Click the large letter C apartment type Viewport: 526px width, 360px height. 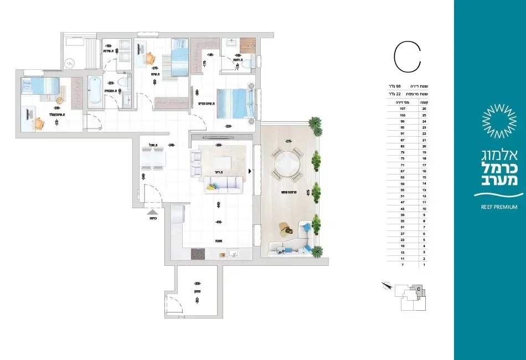point(408,55)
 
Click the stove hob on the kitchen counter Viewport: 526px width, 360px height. point(198,254)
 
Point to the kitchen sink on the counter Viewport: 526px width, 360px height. point(233,254)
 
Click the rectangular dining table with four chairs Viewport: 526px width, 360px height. point(153,159)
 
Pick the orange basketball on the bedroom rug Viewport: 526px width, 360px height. point(59,100)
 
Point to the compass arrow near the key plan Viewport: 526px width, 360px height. point(386,286)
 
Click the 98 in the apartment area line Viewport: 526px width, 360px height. point(413,86)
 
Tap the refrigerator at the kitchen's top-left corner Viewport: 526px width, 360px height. point(177,213)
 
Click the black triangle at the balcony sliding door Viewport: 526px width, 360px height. point(251,172)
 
